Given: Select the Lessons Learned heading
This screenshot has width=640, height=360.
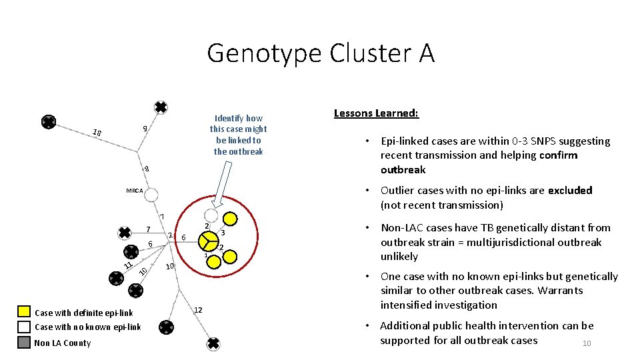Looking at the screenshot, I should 376,113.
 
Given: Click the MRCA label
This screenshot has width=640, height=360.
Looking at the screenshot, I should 135,191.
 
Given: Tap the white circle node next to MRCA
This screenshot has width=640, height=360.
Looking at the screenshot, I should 151,195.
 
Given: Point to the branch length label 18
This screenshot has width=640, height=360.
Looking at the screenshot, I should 97,133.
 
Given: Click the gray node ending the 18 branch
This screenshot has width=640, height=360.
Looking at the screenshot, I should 49,122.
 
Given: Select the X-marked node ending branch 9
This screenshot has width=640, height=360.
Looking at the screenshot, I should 161,107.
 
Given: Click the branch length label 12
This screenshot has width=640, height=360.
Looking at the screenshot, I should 197,310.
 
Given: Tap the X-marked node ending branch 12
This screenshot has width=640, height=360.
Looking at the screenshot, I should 213,343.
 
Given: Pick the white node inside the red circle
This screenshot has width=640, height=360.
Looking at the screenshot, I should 211,215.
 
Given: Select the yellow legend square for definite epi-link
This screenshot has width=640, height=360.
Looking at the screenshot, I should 24,311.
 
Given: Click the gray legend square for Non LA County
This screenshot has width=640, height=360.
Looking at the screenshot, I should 24,342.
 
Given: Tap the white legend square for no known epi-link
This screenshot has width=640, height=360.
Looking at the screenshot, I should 24,327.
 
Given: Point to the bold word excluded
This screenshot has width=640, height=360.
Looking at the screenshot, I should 570,191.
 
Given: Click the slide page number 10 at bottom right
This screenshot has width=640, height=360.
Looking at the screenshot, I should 587,343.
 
